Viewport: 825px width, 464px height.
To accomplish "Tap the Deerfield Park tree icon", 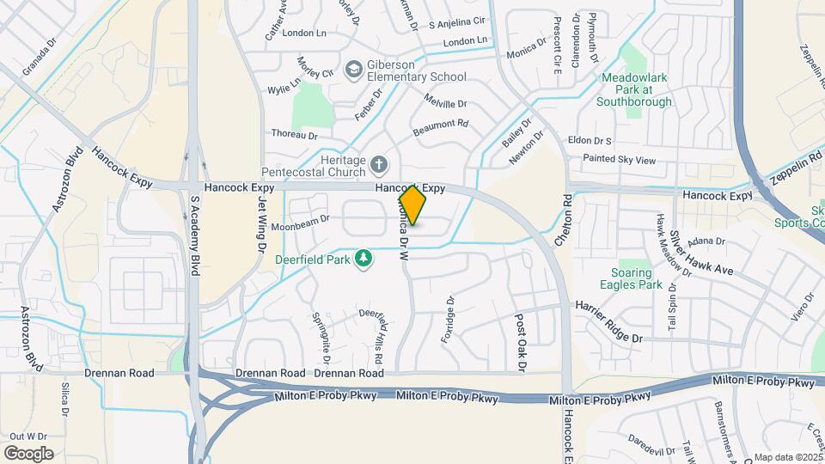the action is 364,259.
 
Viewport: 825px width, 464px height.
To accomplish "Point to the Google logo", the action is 28,453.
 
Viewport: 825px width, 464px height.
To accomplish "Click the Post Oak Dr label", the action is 520,341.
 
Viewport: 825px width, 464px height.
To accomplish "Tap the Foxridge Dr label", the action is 447,320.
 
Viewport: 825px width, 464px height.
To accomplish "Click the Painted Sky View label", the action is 619,160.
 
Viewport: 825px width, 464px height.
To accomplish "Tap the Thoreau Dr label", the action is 294,135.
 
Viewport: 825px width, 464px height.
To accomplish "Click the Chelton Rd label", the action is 568,221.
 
